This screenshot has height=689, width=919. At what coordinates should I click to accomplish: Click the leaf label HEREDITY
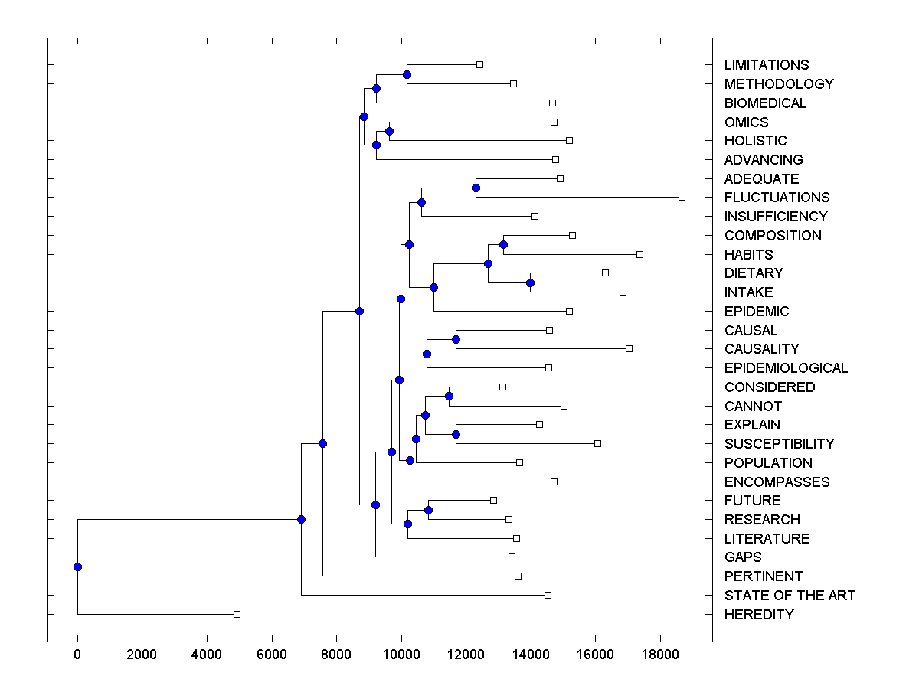[x=758, y=615]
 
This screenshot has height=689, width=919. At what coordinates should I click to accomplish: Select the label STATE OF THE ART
[x=790, y=596]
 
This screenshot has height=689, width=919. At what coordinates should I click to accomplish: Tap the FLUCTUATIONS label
[x=777, y=198]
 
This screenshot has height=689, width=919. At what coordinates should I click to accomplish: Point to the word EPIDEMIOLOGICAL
[x=786, y=368]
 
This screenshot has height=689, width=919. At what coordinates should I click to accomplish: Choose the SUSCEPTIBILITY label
[x=779, y=444]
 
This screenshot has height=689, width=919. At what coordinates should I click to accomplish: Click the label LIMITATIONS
[x=766, y=65]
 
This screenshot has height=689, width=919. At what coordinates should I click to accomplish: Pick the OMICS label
[x=746, y=122]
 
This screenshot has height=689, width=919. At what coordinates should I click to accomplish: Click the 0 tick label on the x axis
[x=77, y=655]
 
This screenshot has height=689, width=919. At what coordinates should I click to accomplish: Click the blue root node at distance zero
[x=77, y=567]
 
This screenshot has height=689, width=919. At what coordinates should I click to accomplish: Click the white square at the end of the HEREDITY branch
[x=237, y=615]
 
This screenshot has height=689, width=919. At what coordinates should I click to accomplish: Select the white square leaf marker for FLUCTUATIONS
[x=682, y=198]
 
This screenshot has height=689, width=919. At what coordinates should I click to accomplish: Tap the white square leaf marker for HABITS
[x=639, y=254]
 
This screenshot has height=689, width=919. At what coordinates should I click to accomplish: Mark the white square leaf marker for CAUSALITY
[x=629, y=349]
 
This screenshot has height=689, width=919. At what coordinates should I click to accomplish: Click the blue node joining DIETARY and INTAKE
[x=530, y=282]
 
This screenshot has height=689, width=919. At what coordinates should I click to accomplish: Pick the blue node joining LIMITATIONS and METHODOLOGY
[x=407, y=74]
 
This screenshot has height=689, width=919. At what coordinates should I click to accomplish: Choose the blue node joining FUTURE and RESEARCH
[x=428, y=510]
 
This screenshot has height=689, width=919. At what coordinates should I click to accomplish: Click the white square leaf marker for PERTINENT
[x=518, y=576]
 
